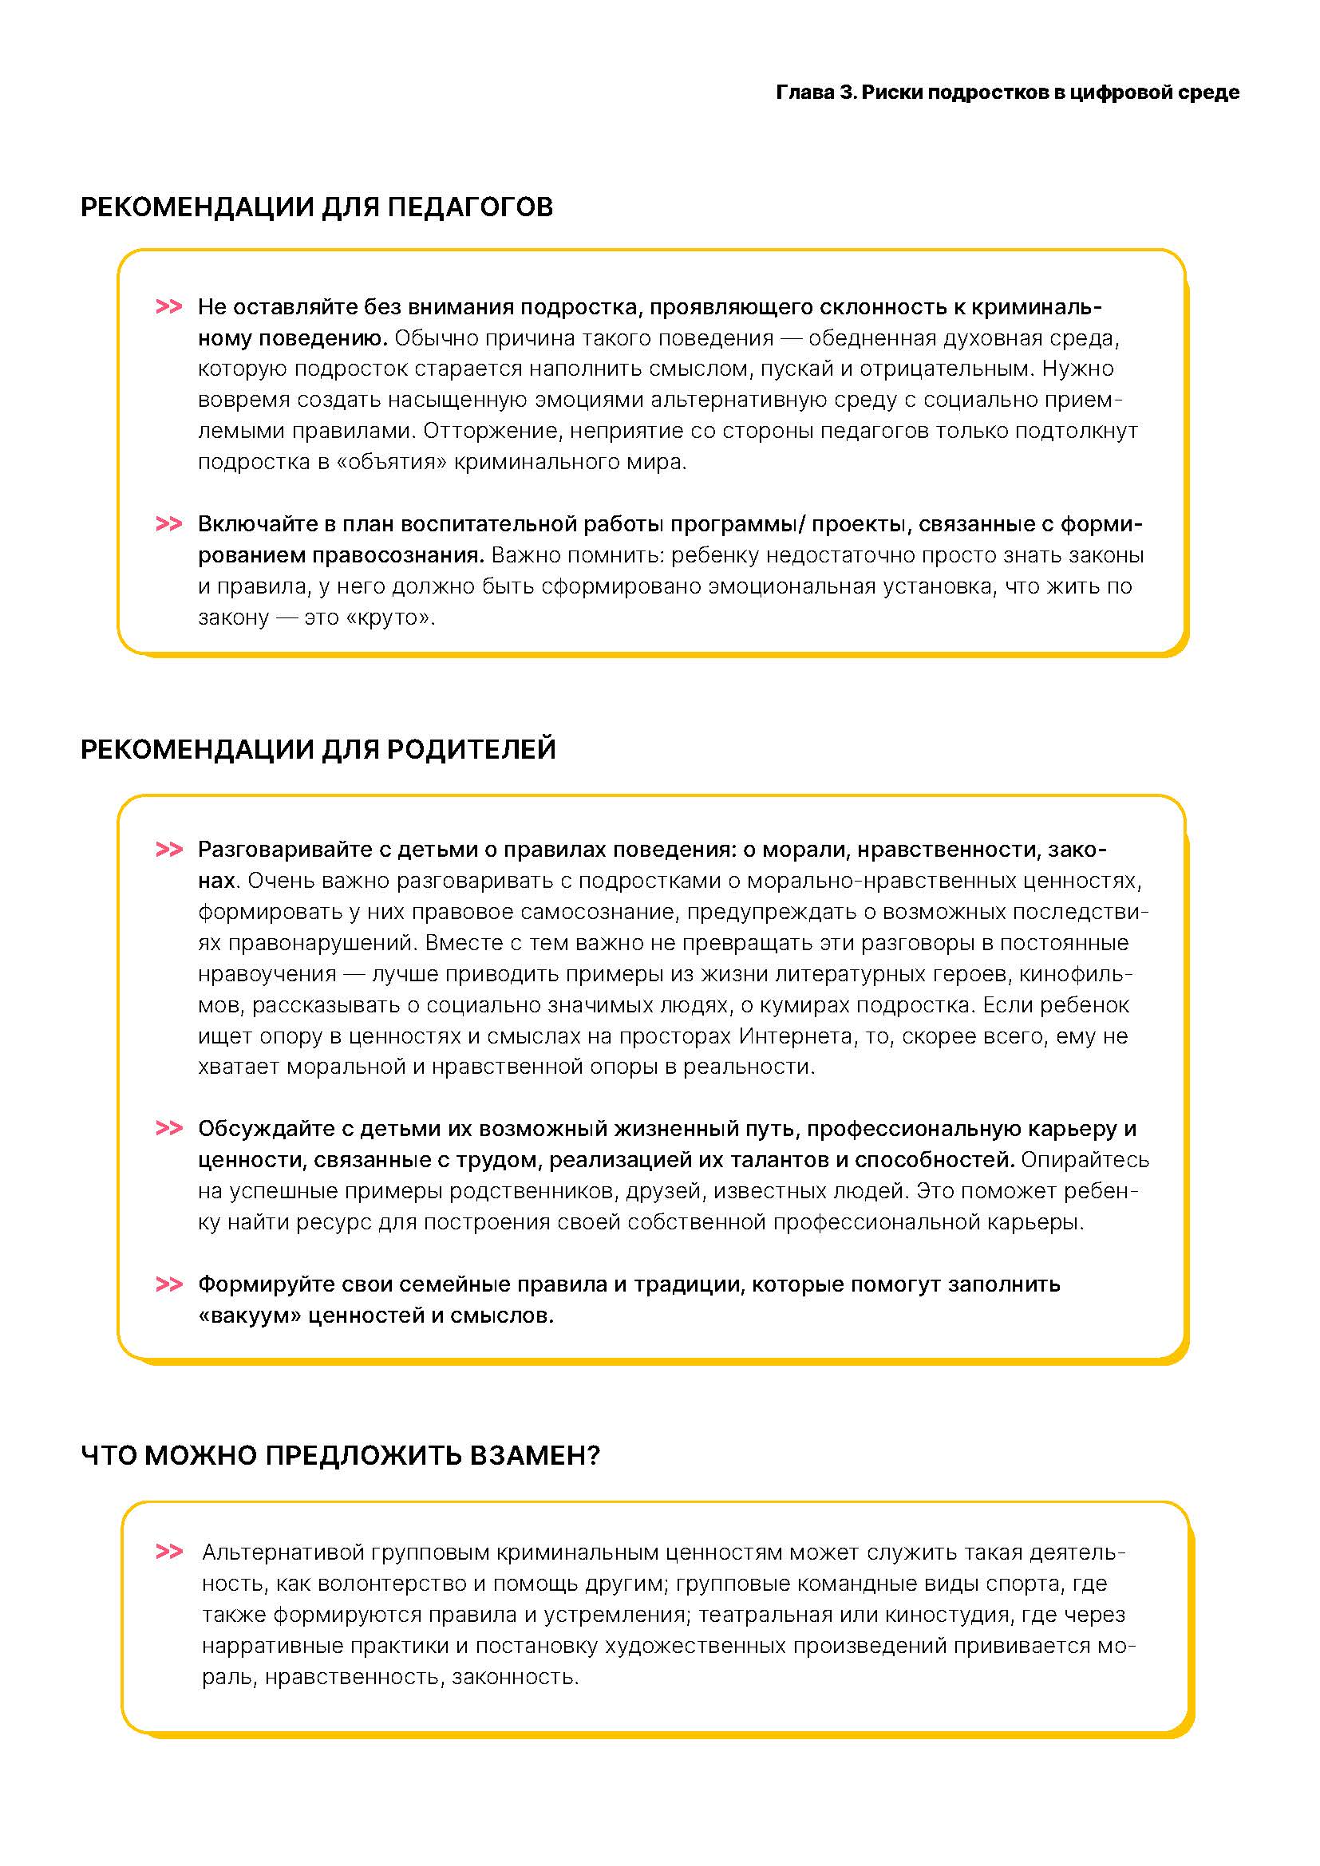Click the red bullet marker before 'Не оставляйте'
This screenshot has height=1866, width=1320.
coord(168,307)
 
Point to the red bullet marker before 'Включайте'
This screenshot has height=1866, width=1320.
coord(168,524)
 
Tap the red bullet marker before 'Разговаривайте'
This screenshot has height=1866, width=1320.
coord(168,850)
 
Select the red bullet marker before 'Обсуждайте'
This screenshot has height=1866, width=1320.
coord(168,1129)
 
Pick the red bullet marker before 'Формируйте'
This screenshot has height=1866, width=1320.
coord(168,1285)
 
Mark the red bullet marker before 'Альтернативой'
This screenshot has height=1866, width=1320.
coord(168,1552)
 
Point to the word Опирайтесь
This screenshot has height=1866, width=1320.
coord(1085,1160)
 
